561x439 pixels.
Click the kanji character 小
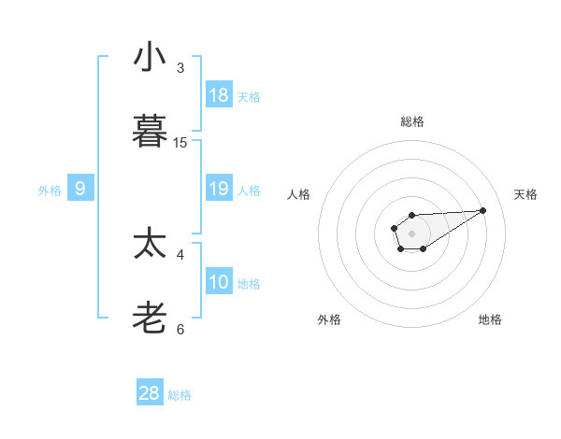[x=150, y=58]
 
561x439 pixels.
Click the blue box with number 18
[x=219, y=95]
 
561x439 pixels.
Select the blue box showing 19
[x=219, y=189]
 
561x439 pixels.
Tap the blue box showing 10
[x=219, y=282]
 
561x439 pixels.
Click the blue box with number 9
[x=80, y=189]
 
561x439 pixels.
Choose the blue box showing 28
[x=150, y=393]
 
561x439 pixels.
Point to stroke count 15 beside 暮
[x=180, y=142]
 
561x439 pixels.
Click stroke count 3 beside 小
[x=180, y=67]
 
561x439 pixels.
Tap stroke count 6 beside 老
[x=180, y=329]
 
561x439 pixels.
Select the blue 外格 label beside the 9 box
[x=50, y=191]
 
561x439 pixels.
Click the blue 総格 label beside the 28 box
[x=180, y=395]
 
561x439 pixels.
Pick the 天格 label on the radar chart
[x=526, y=194]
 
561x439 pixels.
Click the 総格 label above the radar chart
[x=411, y=121]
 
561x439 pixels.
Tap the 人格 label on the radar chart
[x=299, y=194]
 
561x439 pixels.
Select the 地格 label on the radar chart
[x=490, y=319]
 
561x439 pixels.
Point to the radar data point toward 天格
[x=483, y=209]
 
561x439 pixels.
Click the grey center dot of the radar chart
[x=411, y=233]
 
